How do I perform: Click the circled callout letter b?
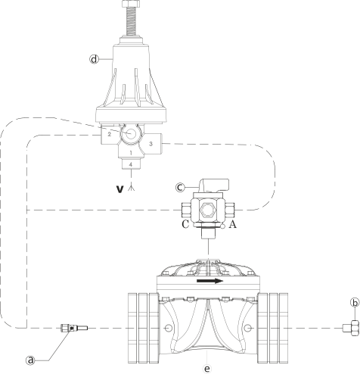pyautogui.click(x=355, y=302)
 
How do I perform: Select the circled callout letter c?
pyautogui.click(x=180, y=187)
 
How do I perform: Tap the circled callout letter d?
pyautogui.click(x=94, y=59)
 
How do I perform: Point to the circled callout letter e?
pyautogui.click(x=207, y=369)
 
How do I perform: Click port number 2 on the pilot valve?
pyautogui.click(x=109, y=134)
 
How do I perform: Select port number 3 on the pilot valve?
pyautogui.click(x=151, y=144)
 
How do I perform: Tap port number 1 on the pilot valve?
pyautogui.click(x=131, y=153)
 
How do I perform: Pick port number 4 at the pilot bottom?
pyautogui.click(x=131, y=164)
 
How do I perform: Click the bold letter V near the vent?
pyautogui.click(x=120, y=189)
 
